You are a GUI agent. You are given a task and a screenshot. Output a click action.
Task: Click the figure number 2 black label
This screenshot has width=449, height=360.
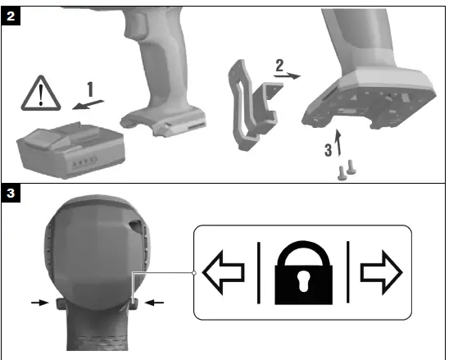[11, 14]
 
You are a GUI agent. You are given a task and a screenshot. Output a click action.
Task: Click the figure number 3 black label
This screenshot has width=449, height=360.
[11, 194]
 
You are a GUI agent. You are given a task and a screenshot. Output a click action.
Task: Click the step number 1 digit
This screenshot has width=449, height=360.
[92, 87]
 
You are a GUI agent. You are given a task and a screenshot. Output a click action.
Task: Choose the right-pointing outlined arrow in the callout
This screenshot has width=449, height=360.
[382, 271]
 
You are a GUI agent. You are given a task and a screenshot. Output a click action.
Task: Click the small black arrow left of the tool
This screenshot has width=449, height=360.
[38, 303]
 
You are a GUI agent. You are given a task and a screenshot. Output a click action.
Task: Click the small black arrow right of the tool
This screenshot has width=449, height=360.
[155, 303]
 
